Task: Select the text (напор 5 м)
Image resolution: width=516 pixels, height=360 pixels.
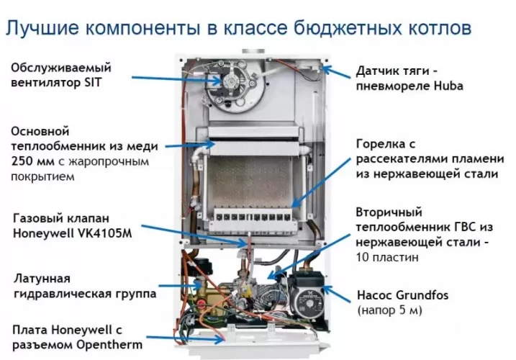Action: (389, 311)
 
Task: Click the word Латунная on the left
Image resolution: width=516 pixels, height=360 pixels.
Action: (40, 277)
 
